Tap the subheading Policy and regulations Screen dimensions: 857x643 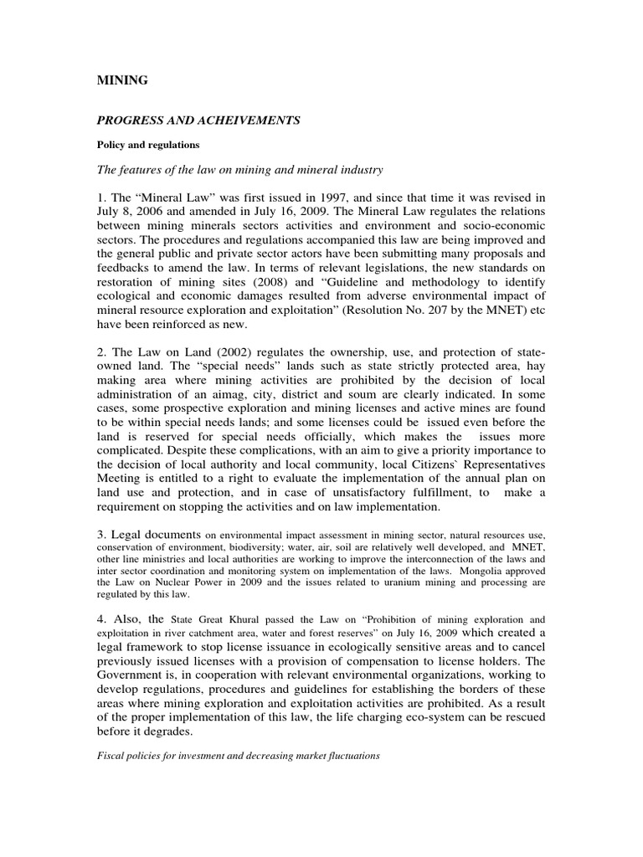146,144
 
